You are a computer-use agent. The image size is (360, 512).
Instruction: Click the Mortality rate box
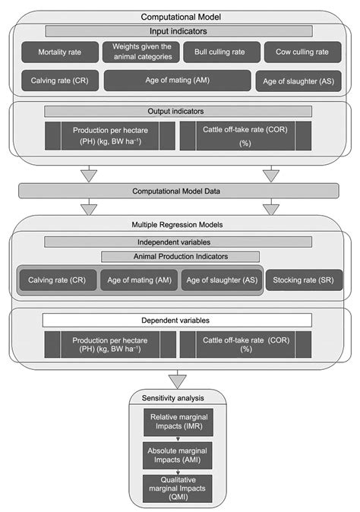pos(61,52)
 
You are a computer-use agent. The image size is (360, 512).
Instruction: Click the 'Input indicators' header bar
pos(178,30)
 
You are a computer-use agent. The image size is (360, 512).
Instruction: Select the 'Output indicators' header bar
pos(178,111)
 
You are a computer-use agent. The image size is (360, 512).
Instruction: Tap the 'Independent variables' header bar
pos(178,242)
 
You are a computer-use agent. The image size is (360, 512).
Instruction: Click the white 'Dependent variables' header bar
pos(178,321)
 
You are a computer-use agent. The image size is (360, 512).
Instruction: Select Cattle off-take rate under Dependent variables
pos(245,343)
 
